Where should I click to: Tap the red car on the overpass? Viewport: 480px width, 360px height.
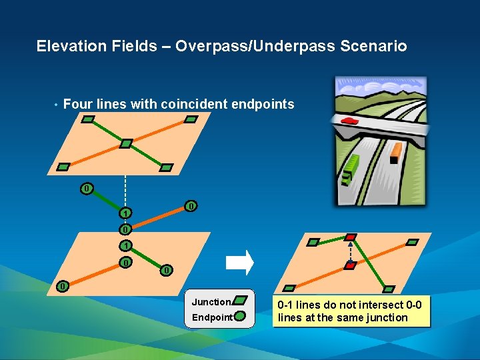click(349, 121)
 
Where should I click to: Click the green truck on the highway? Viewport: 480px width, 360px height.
click(351, 170)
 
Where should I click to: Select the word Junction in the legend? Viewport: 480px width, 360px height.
click(211, 302)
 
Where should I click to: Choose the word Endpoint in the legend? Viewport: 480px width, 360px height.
click(212, 317)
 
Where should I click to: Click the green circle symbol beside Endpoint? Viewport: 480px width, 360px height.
click(241, 317)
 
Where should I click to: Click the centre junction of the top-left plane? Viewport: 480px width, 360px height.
click(125, 143)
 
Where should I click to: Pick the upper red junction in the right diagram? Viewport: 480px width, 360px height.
click(351, 237)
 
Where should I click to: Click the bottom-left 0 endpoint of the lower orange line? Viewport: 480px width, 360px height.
click(62, 287)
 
